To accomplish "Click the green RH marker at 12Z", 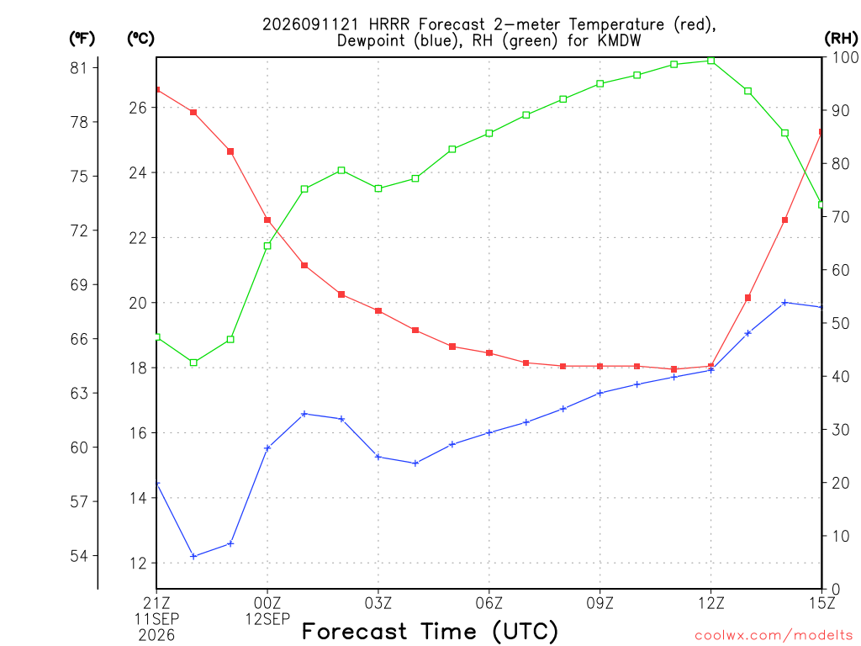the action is coord(711,61).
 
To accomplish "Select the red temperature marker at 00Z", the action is coord(267,220).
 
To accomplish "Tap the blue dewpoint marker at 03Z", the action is coord(378,457).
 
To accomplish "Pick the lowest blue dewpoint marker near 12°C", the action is coord(193,556).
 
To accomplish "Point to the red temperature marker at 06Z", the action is coord(489,352).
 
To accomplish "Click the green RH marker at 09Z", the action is coord(600,83).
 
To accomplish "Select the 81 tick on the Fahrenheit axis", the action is coord(79,67).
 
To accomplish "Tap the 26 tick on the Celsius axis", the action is coord(139,107).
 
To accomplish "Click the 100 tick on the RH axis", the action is coord(845,57).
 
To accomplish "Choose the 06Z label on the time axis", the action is coord(489,603).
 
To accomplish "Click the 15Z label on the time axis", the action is coord(821,603).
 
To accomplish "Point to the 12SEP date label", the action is coord(267,619).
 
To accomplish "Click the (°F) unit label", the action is coord(82,39).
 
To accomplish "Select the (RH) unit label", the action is coord(841,38).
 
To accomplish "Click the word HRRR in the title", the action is coord(389,24).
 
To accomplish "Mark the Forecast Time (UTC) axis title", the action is coord(430,631).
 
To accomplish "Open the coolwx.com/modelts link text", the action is coord(774,636).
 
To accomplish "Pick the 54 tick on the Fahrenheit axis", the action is coord(79,556).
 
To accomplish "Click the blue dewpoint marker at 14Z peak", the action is coord(784,302).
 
